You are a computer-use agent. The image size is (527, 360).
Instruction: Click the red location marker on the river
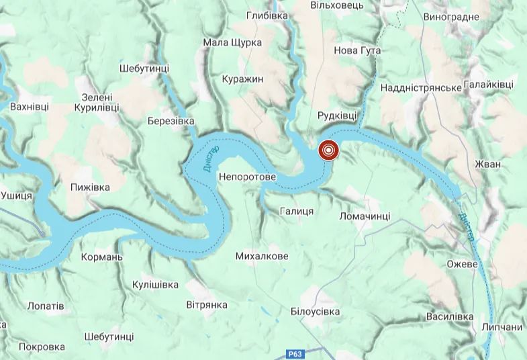328,150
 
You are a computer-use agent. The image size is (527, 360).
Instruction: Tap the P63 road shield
293,353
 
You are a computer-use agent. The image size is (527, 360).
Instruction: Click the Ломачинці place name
365,216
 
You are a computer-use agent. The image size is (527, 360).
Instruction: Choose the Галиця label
297,211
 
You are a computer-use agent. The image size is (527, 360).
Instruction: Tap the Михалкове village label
262,256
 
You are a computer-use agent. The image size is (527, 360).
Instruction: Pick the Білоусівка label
316,312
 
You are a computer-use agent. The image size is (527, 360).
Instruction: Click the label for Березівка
171,120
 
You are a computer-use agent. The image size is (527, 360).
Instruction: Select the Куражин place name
242,79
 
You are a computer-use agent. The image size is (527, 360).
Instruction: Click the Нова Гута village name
357,50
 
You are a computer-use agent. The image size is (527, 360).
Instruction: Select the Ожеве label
462,263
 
